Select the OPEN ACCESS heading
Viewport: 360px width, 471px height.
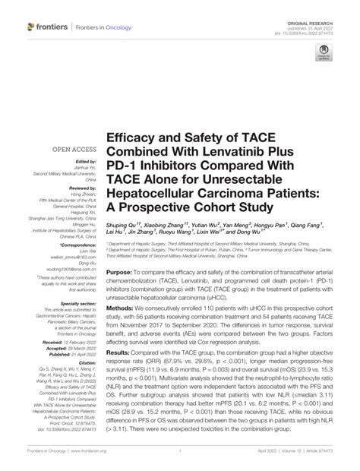click(x=73, y=150)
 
